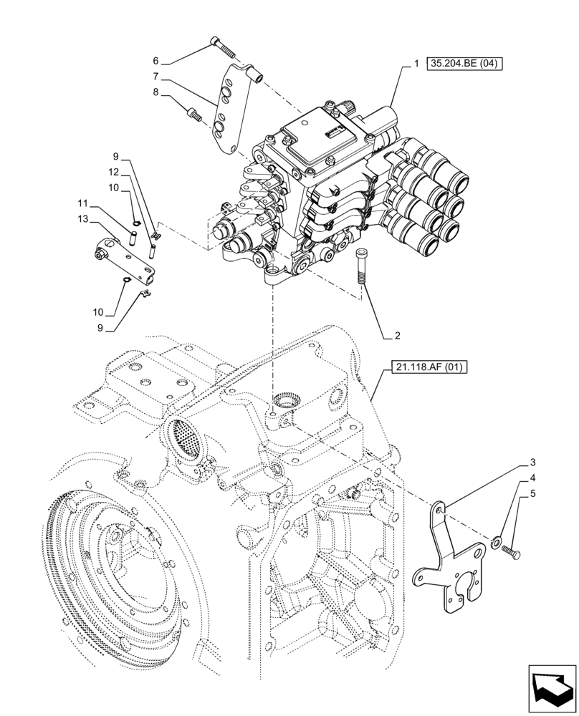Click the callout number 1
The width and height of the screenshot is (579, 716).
click(416, 64)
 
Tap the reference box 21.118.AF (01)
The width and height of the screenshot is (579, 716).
click(429, 369)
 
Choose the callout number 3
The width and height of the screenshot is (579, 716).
click(533, 463)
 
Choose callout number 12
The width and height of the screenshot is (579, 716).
click(115, 172)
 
